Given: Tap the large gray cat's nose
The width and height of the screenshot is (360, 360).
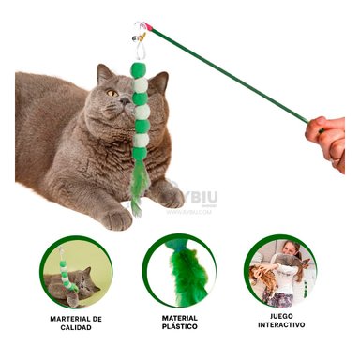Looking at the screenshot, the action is click(125, 100).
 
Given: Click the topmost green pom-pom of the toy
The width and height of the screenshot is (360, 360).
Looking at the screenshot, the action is click(138, 69).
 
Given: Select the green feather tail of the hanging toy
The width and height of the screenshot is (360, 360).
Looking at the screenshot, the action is click(139, 187).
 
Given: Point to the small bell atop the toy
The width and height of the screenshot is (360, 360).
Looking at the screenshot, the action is click(136, 39).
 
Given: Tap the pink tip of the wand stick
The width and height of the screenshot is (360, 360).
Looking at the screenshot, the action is click(149, 27).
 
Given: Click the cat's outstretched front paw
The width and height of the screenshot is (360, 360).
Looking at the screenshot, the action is click(116, 218).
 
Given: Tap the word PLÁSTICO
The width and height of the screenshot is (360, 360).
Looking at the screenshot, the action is click(180, 326).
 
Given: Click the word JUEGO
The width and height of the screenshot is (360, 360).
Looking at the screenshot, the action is click(281, 316).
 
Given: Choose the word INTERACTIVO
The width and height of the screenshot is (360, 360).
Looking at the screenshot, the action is click(281, 325).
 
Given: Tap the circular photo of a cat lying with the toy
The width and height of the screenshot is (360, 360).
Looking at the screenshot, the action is click(76, 272).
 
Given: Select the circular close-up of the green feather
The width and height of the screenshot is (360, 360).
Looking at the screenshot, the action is click(179, 270).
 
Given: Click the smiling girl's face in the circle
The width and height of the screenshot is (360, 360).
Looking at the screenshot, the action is click(291, 248).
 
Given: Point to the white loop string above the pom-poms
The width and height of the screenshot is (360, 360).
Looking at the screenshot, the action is click(141, 51).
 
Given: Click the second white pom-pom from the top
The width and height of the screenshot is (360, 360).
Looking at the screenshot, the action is click(142, 112).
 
